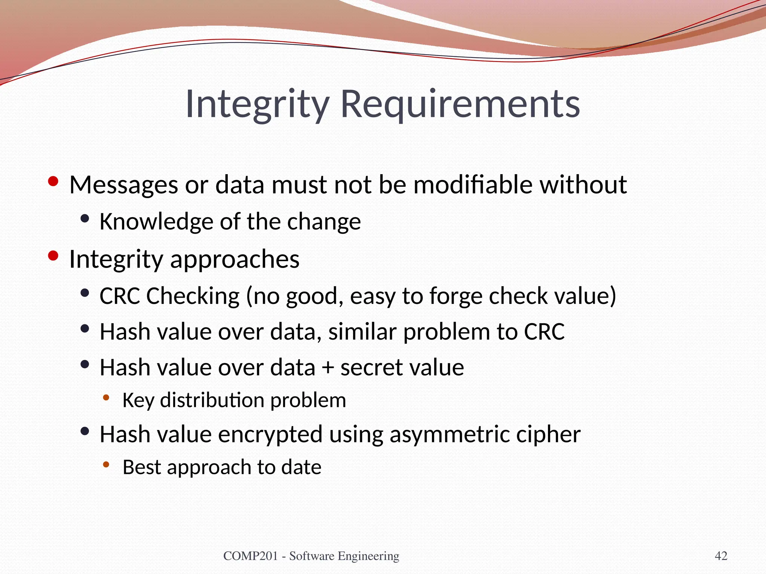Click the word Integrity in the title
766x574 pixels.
[x=257, y=104]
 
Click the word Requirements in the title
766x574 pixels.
[x=460, y=104]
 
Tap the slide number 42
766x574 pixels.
[x=721, y=556]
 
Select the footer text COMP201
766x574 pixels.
[x=250, y=556]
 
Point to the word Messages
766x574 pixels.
[x=124, y=185]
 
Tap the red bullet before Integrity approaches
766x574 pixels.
[x=53, y=256]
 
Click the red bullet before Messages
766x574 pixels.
[x=53, y=182]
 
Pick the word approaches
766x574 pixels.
[x=235, y=259]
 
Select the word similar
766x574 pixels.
[x=362, y=331]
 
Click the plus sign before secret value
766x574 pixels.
[x=328, y=368]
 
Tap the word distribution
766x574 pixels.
[x=212, y=400]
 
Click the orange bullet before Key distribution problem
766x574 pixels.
[x=106, y=398]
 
